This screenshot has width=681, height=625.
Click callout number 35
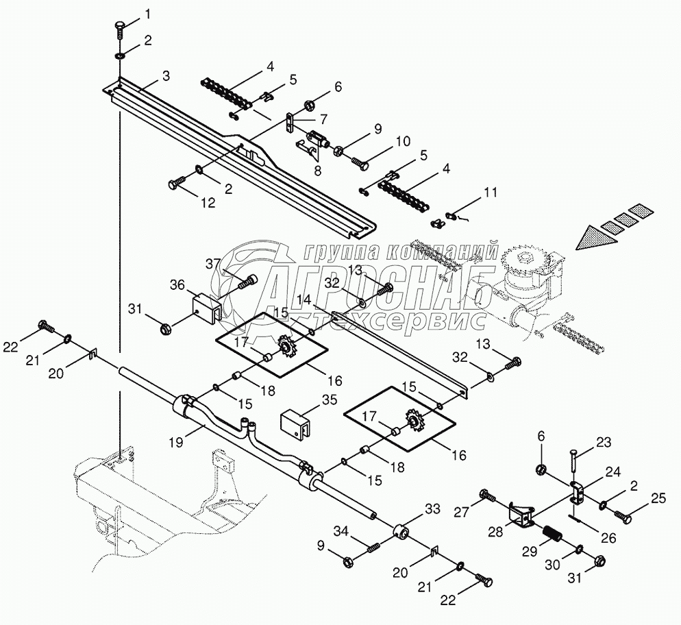[330, 402]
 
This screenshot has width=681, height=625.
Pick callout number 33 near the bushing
[433, 509]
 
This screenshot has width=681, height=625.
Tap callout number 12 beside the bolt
[207, 203]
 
